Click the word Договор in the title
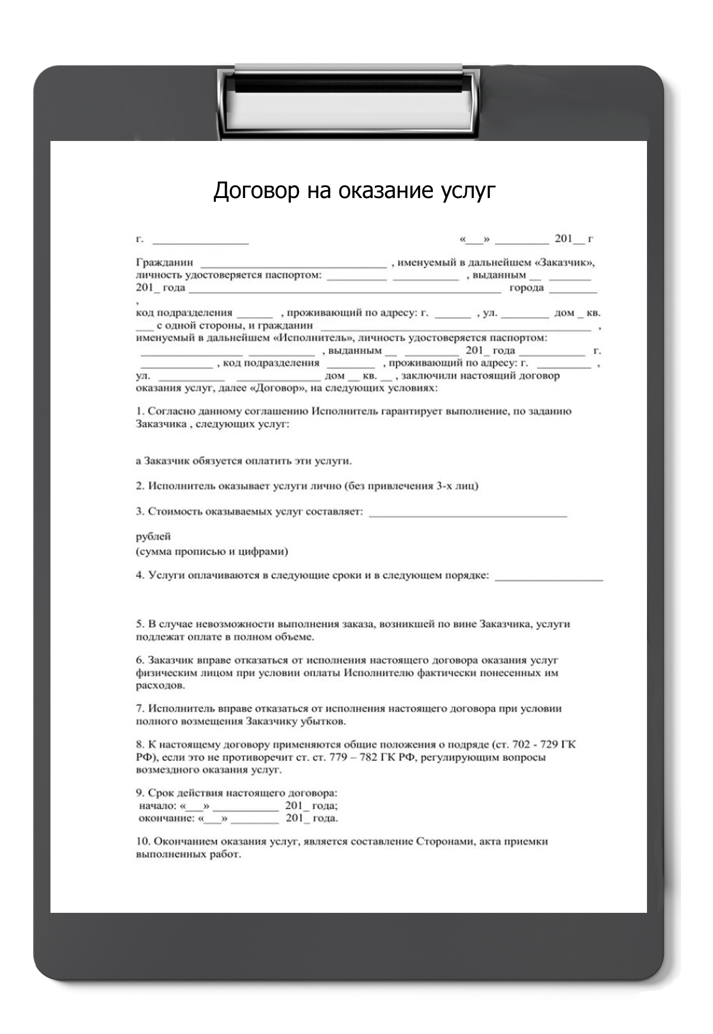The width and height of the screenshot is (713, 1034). click(256, 190)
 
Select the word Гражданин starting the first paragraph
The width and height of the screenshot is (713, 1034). click(165, 263)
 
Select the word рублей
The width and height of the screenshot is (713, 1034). click(153, 537)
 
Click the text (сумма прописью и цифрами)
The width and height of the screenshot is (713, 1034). click(212, 551)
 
